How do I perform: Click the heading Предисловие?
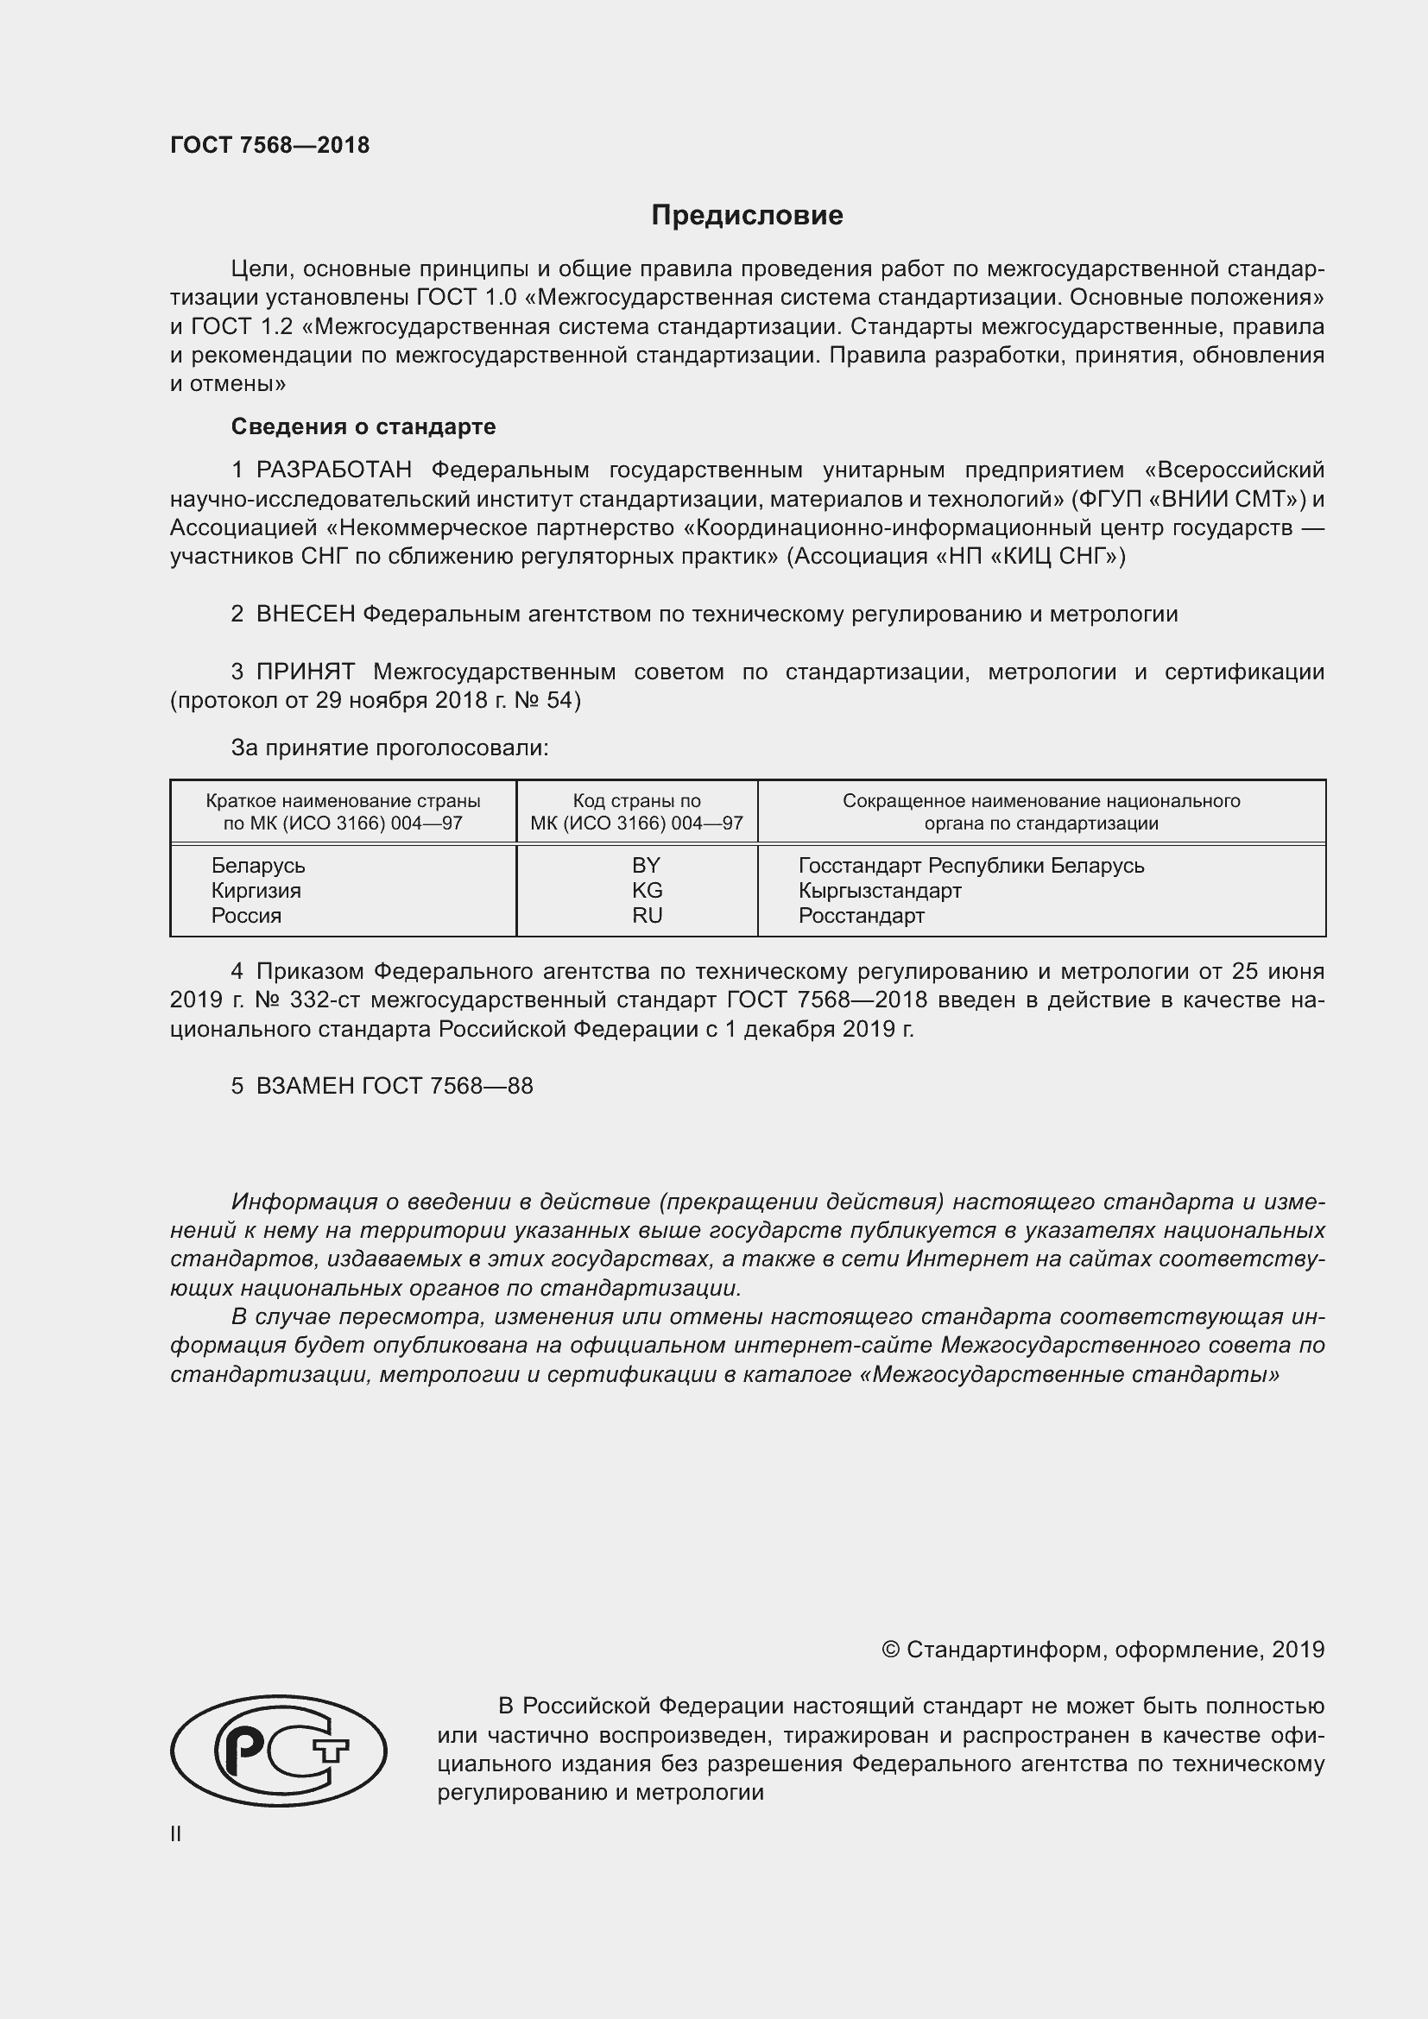coord(747,216)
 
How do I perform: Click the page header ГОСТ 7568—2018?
coord(270,145)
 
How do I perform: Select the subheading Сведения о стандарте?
coord(363,426)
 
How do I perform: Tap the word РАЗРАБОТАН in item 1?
coord(333,470)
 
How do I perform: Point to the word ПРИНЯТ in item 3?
coord(305,672)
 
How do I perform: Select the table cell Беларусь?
coord(257,865)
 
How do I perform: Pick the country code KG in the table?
coord(647,890)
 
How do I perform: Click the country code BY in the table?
coord(646,865)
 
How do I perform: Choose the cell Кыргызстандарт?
coord(879,890)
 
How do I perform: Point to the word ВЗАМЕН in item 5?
coord(304,1086)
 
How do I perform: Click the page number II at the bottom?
coord(176,1834)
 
